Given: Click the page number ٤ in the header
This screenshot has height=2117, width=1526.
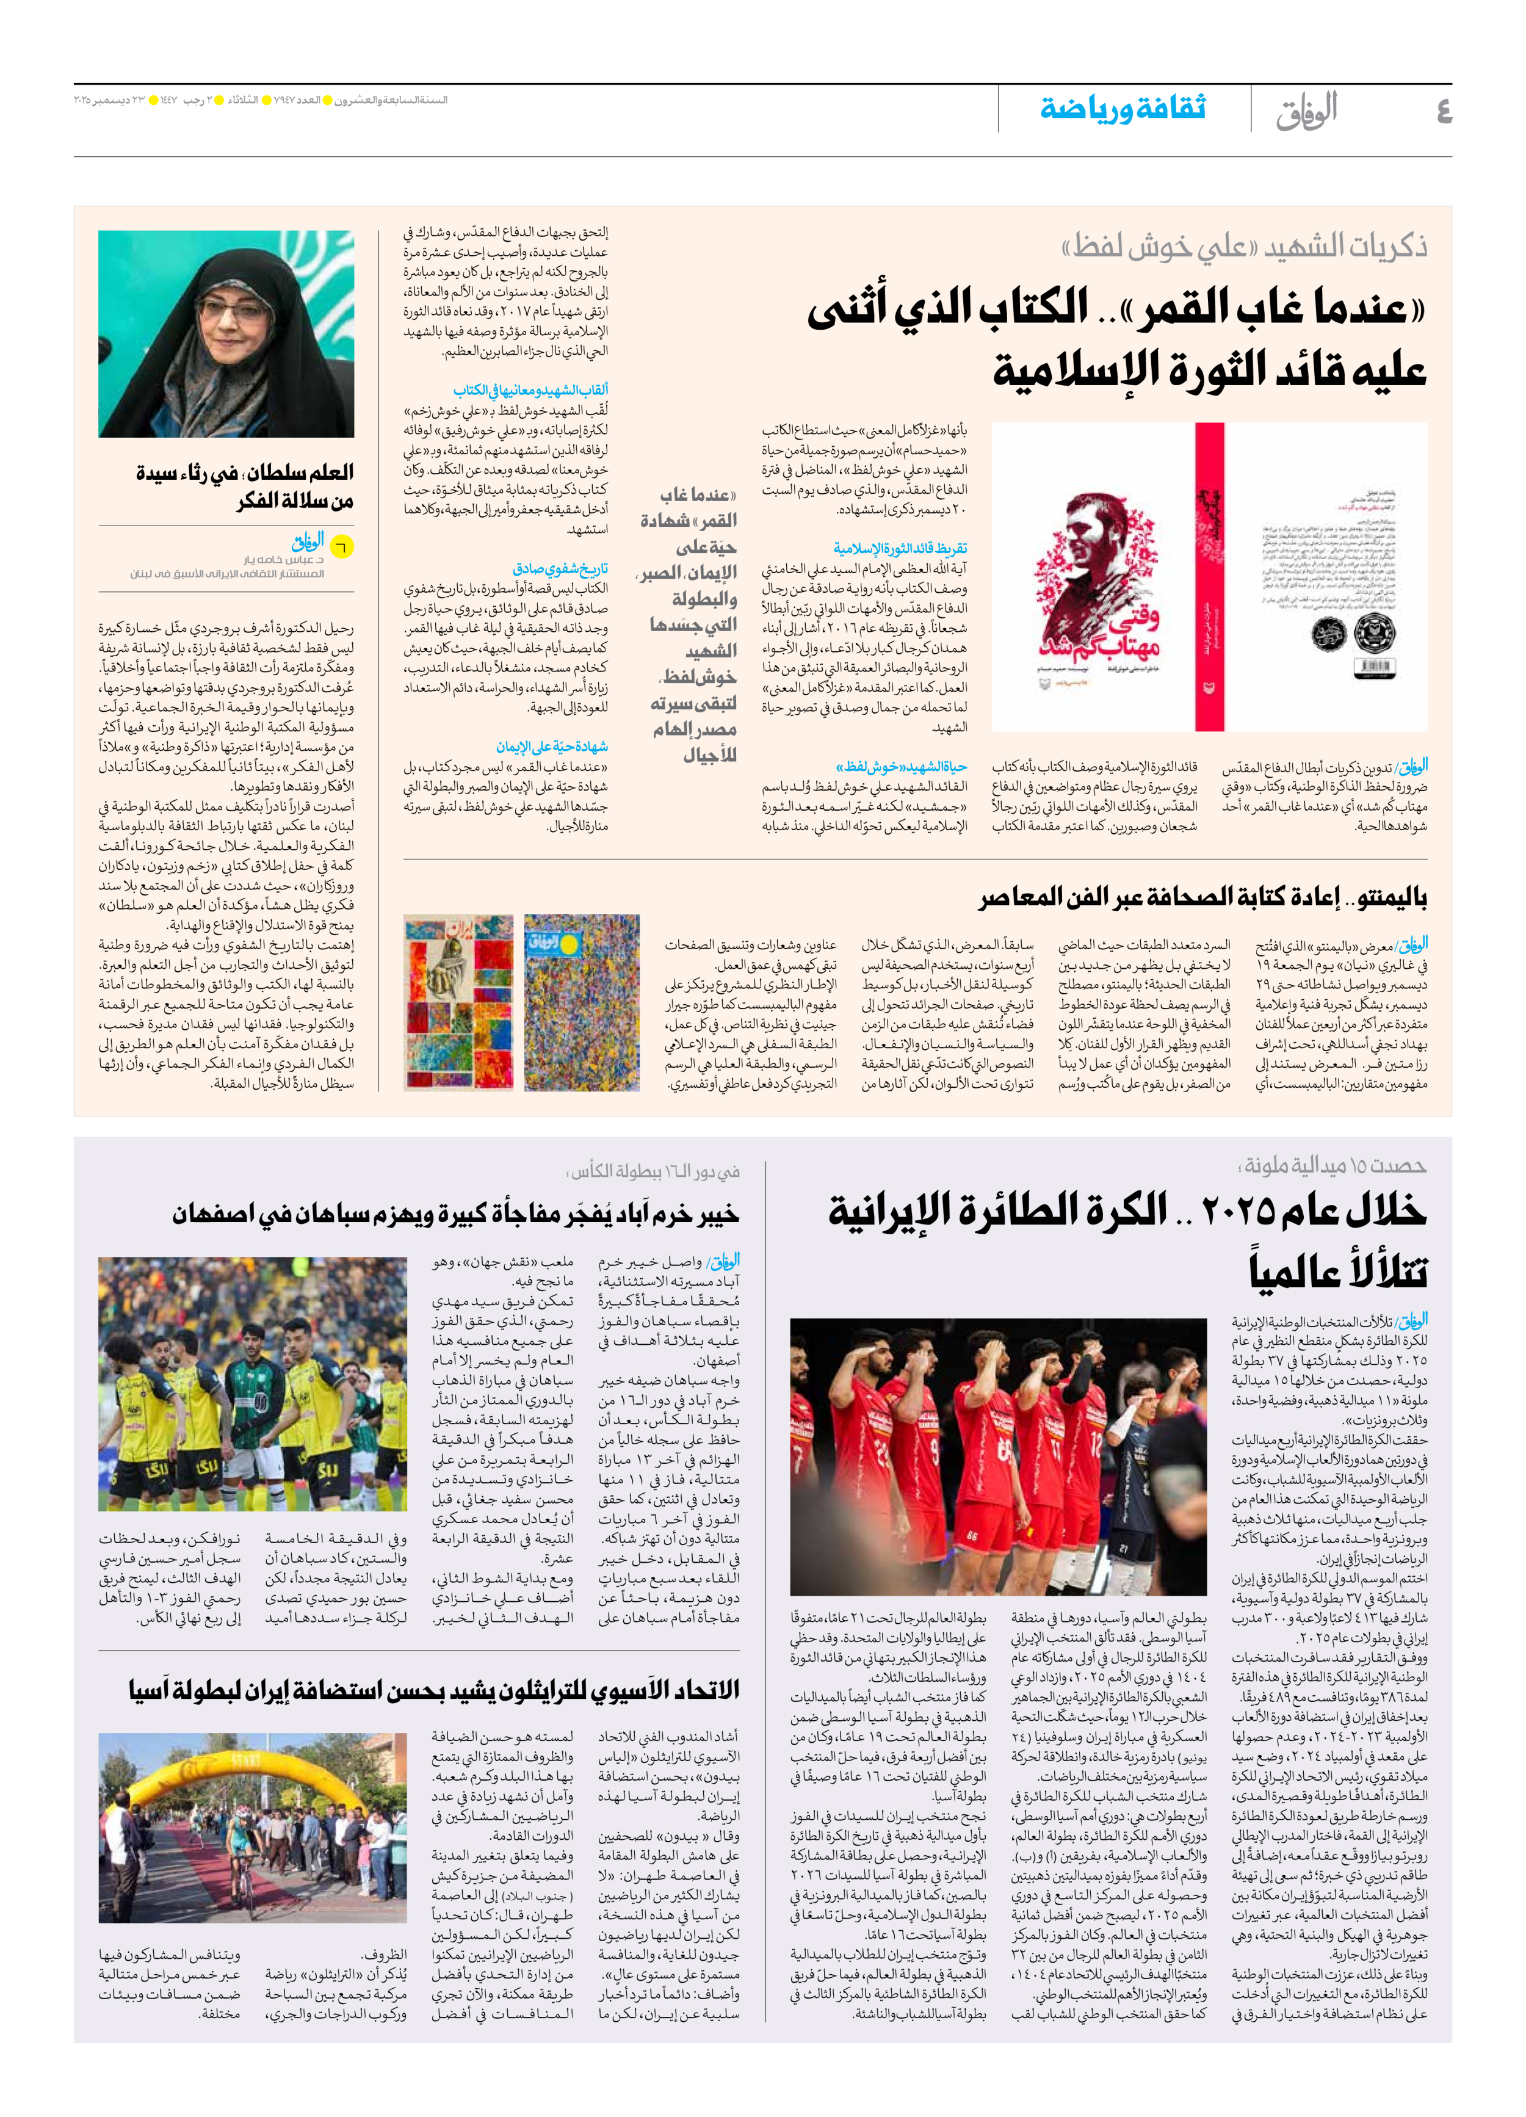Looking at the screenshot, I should tap(1443, 111).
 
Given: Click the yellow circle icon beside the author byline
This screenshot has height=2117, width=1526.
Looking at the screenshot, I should tap(342, 547).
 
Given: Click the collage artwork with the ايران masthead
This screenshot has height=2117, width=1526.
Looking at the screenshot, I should tap(458, 1002).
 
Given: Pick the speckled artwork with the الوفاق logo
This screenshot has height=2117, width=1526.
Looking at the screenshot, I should tap(582, 1002).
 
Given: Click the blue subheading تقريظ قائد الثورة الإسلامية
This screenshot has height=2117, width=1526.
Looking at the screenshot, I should tap(900, 549).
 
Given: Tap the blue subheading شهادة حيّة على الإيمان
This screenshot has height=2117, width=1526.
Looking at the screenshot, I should tap(552, 747).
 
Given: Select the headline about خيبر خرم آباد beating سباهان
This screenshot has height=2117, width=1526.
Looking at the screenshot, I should tap(455, 1214).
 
